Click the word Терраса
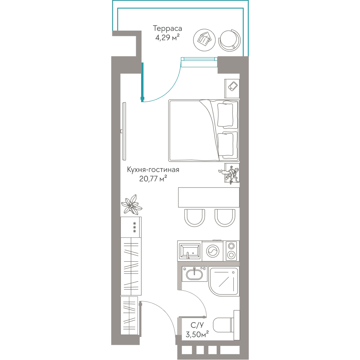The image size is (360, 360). pos(167,28)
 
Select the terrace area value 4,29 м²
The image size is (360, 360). pos(167,37)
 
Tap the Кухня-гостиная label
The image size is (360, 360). pos(153,170)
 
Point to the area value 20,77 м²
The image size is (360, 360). pos(153,179)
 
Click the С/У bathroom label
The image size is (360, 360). pos(197,325)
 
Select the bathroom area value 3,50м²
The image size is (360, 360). pos(197,334)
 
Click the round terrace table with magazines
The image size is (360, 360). pos(204,40)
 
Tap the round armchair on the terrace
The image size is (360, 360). pos(230,40)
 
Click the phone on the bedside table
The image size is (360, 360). pos(233,86)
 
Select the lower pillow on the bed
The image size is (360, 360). pos(226,145)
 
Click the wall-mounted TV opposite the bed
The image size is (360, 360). pos(124,131)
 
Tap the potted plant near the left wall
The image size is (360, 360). pos(132,204)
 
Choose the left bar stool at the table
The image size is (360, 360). pos(194,218)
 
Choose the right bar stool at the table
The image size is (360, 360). pos(225,218)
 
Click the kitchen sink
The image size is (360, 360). pos(190,251)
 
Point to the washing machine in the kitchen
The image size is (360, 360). pos(213,251)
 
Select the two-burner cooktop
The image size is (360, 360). pos(231,251)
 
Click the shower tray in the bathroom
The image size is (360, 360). pos(224,281)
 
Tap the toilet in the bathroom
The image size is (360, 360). pos(226,325)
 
